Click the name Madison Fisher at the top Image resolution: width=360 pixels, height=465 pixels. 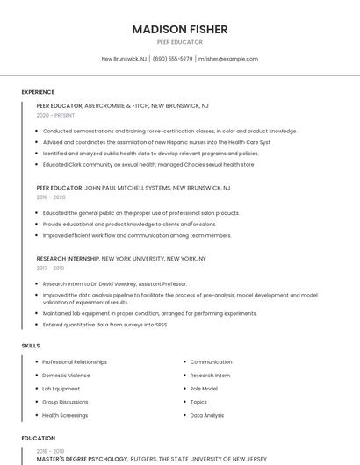click(179, 29)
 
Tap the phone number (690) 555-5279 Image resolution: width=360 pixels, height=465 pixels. click(172, 59)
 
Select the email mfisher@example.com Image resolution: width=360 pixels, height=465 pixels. click(228, 59)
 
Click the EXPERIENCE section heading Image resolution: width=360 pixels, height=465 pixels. click(38, 92)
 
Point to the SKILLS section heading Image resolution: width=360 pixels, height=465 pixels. click(31, 346)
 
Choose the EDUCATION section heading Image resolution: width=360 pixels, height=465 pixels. click(38, 438)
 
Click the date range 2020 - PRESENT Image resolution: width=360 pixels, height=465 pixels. click(55, 115)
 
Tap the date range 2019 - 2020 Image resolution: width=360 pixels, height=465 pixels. click(51, 197)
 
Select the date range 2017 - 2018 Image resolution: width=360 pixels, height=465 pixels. click(50, 268)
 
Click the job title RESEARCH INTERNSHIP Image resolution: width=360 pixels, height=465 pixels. click(68, 259)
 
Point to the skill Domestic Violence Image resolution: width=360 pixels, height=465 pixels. click(66, 376)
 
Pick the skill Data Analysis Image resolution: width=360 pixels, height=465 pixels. click(207, 415)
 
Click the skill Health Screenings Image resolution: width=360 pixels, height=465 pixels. click(65, 415)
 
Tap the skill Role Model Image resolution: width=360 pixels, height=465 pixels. click(204, 389)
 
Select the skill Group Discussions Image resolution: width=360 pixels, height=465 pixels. click(65, 402)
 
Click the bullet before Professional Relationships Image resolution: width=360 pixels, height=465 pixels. click(37, 362)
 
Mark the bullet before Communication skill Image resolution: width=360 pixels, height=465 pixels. click(184, 362)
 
